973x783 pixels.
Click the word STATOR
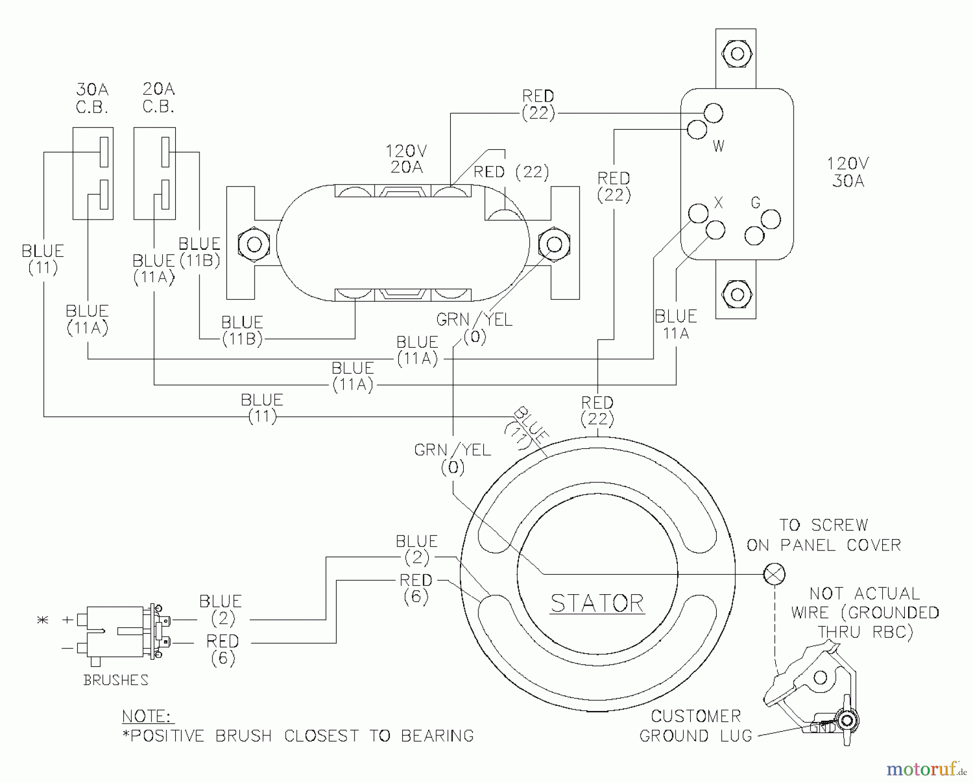tap(597, 602)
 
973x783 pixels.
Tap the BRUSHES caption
tap(116, 680)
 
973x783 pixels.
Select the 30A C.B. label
tap(92, 98)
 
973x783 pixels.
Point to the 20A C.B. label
tap(158, 98)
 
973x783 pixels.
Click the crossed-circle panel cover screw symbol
tap(774, 574)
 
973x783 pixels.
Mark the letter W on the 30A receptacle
tap(718, 146)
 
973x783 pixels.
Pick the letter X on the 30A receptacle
tap(718, 203)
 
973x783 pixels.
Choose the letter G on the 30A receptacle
tap(756, 203)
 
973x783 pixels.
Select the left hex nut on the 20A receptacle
tap(254, 244)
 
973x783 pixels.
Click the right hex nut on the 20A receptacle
tap(554, 244)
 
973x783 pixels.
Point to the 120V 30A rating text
tap(848, 172)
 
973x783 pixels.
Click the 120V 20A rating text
tap(406, 158)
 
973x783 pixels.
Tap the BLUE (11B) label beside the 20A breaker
tap(199, 252)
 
